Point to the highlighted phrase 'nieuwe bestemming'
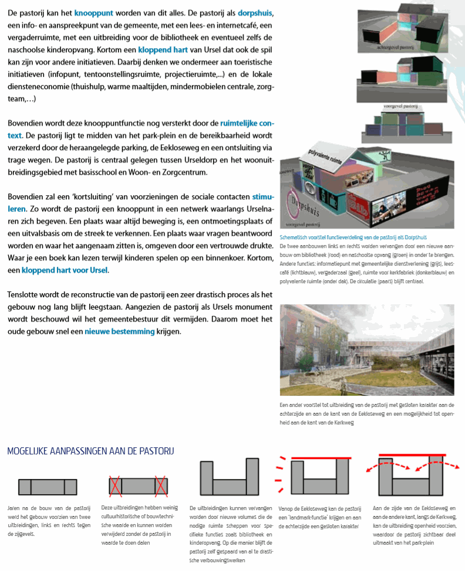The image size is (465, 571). point(119,331)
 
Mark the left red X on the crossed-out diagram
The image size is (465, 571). point(116,487)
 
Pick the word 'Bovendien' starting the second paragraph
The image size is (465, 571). point(26,123)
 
